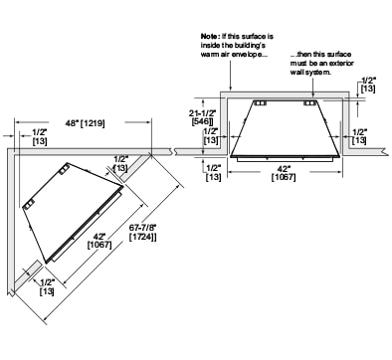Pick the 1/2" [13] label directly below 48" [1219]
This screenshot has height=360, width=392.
(x=40, y=136)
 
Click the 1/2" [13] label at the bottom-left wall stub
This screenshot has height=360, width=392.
(x=46, y=286)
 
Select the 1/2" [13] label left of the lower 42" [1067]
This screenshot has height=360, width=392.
(x=213, y=172)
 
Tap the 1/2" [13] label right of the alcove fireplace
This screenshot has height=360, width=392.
(x=359, y=136)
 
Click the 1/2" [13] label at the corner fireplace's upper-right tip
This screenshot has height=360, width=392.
(x=120, y=163)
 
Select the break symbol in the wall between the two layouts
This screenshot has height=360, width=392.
(x=174, y=151)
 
